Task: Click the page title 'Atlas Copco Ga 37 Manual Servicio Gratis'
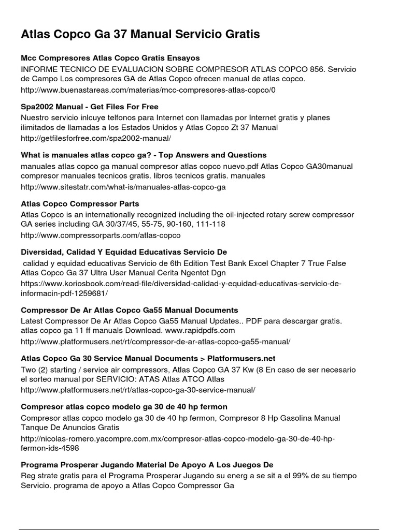[x=140, y=35]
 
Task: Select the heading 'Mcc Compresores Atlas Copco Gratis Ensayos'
[x=110, y=58]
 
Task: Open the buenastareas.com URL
[x=148, y=90]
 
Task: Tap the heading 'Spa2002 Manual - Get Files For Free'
[x=90, y=107]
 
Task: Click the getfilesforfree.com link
[x=96, y=139]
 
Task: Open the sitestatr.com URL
[x=123, y=187]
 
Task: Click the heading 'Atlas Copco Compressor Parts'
[x=80, y=203]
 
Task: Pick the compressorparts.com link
[x=101, y=235]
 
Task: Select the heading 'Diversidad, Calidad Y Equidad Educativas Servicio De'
[x=124, y=252]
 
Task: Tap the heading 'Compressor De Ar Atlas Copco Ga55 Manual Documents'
[x=130, y=310]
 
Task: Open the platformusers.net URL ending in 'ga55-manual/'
[x=155, y=342]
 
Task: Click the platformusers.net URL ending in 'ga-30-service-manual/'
[x=138, y=390]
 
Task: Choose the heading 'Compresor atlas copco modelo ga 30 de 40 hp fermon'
[x=124, y=407]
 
